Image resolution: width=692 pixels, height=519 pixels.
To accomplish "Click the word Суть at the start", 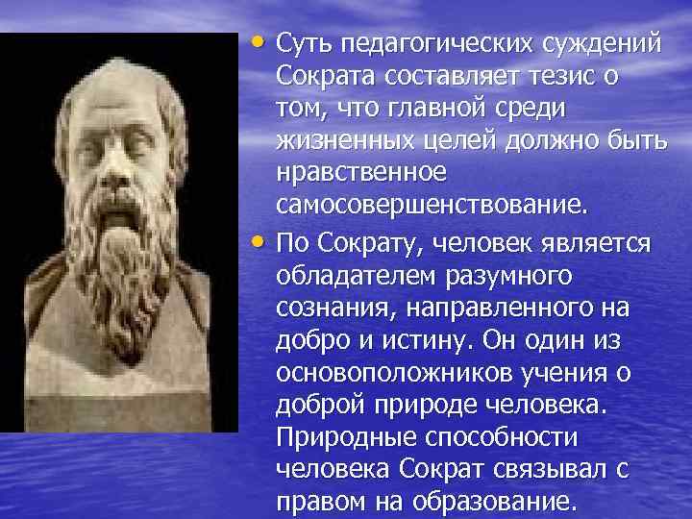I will [x=300, y=43].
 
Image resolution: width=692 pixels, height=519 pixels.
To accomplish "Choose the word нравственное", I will [x=361, y=176].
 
